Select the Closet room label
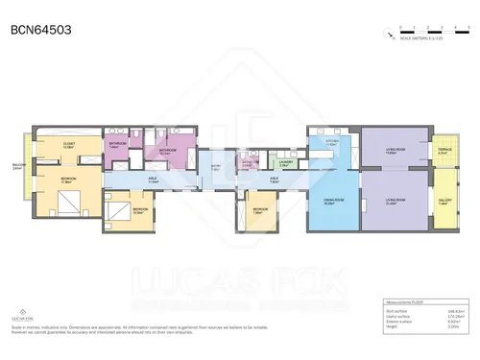pyautogui.click(x=68, y=145)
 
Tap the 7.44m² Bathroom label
pyautogui.click(x=117, y=145)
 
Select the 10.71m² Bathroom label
pyautogui.click(x=167, y=151)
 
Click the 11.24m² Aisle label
pyautogui.click(x=153, y=179)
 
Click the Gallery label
pyautogui.click(x=444, y=202)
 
